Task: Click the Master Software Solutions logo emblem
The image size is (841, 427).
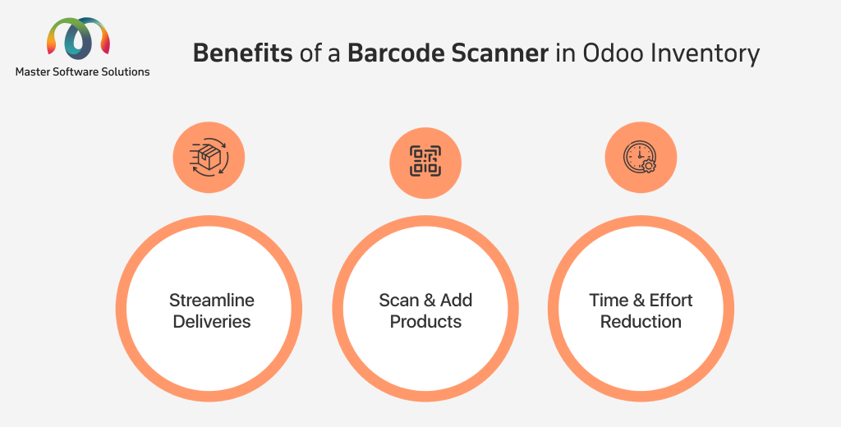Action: [79, 38]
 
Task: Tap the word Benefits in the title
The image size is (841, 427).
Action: [242, 53]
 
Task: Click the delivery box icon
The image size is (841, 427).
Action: [209, 158]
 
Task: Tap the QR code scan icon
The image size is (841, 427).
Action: [425, 161]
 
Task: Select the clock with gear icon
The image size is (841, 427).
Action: [641, 157]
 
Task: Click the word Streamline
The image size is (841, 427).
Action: [212, 300]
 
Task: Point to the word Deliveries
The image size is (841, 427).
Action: [212, 321]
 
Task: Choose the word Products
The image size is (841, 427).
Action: [426, 321]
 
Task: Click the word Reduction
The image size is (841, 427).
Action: [641, 321]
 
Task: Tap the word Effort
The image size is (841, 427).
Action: [671, 300]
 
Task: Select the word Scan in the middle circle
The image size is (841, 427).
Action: [399, 300]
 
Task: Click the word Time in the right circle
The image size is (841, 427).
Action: [609, 300]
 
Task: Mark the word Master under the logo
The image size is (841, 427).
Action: [32, 72]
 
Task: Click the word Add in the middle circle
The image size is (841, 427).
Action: [457, 300]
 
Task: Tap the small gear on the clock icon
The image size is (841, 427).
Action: [649, 166]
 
